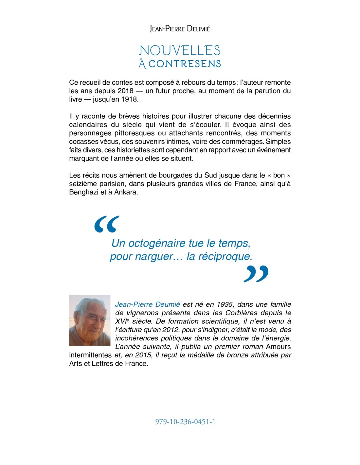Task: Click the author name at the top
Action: point(180,29)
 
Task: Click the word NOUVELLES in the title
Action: point(180,50)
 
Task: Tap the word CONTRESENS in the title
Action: point(185,64)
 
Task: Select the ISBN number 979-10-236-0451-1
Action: point(185,422)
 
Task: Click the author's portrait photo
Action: point(90,320)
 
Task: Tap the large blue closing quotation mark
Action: point(256,274)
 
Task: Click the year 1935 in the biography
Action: point(225,304)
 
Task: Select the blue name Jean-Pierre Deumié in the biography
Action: point(148,304)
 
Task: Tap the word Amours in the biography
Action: point(278,347)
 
